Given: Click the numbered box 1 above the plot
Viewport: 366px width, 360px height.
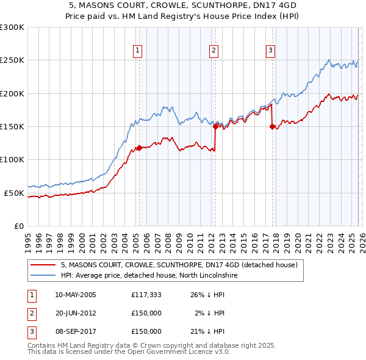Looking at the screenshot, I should [x=138, y=51].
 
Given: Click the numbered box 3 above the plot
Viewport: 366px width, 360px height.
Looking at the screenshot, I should [x=270, y=51].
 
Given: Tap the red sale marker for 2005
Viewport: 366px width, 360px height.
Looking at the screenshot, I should [x=139, y=148].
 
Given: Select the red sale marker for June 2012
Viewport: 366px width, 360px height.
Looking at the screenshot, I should [x=215, y=126].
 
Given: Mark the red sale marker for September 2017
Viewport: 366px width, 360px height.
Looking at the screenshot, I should [x=271, y=126].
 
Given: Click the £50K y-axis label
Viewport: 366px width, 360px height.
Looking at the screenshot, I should [x=14, y=193].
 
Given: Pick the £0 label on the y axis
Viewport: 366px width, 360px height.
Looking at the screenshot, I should [x=18, y=226].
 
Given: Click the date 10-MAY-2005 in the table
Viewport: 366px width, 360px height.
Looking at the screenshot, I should [x=76, y=295].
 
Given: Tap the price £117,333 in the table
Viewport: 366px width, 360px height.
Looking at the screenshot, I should [x=146, y=295].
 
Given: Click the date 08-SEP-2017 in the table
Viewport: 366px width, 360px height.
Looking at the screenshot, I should [x=76, y=331].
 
